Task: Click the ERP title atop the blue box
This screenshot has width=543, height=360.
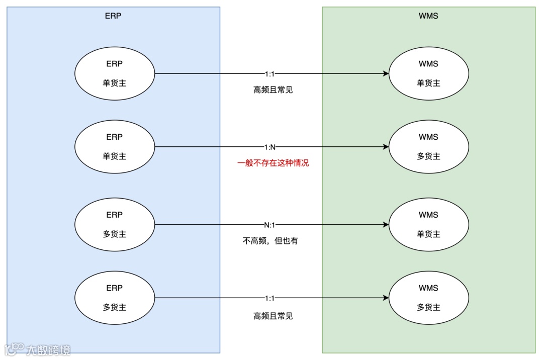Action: point(114,16)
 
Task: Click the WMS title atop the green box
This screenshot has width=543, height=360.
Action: point(428,16)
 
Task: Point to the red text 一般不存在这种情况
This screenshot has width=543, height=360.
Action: point(273,163)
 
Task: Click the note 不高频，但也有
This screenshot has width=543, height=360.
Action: point(270,241)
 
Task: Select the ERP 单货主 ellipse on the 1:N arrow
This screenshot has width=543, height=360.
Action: point(115,147)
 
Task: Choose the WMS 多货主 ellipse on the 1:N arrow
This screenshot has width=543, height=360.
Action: point(428,147)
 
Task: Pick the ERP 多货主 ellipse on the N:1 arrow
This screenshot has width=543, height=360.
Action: point(115,225)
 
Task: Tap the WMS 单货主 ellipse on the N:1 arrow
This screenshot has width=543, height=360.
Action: point(428,225)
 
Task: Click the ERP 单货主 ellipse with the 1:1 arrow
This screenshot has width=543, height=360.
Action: point(115,73)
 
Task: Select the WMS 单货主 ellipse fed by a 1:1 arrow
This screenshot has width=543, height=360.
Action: point(428,73)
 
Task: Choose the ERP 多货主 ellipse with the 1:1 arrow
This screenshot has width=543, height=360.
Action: point(115,298)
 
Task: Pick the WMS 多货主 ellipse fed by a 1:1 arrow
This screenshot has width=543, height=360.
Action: point(428,298)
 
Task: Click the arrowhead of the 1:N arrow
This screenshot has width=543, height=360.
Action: point(386,147)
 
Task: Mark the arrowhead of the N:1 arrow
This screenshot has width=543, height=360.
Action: point(386,225)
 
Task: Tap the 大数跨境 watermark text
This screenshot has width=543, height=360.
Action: point(49,349)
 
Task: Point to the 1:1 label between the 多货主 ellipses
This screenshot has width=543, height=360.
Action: point(269,298)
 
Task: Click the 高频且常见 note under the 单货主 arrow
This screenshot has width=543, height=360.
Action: point(273,90)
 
